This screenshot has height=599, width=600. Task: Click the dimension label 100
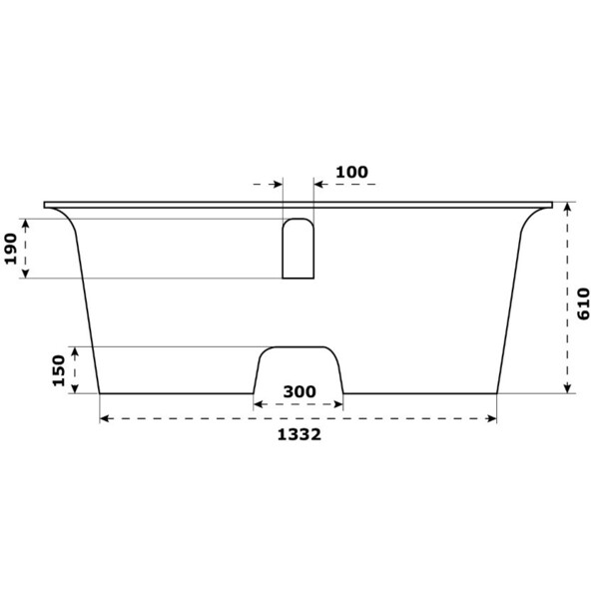click(x=351, y=173)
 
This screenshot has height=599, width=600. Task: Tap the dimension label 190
click(x=11, y=249)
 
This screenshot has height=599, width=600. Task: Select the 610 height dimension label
click(x=584, y=303)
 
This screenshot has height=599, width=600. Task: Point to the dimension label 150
click(x=59, y=370)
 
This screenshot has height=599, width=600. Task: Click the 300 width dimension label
click(x=300, y=391)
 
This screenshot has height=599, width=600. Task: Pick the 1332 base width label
click(x=300, y=435)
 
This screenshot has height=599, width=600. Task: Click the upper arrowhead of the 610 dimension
click(x=567, y=207)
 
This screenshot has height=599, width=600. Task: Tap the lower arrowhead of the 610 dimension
click(x=567, y=388)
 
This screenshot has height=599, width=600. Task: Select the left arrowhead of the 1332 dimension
click(x=105, y=418)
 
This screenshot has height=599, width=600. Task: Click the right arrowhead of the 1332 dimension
click(x=492, y=418)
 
